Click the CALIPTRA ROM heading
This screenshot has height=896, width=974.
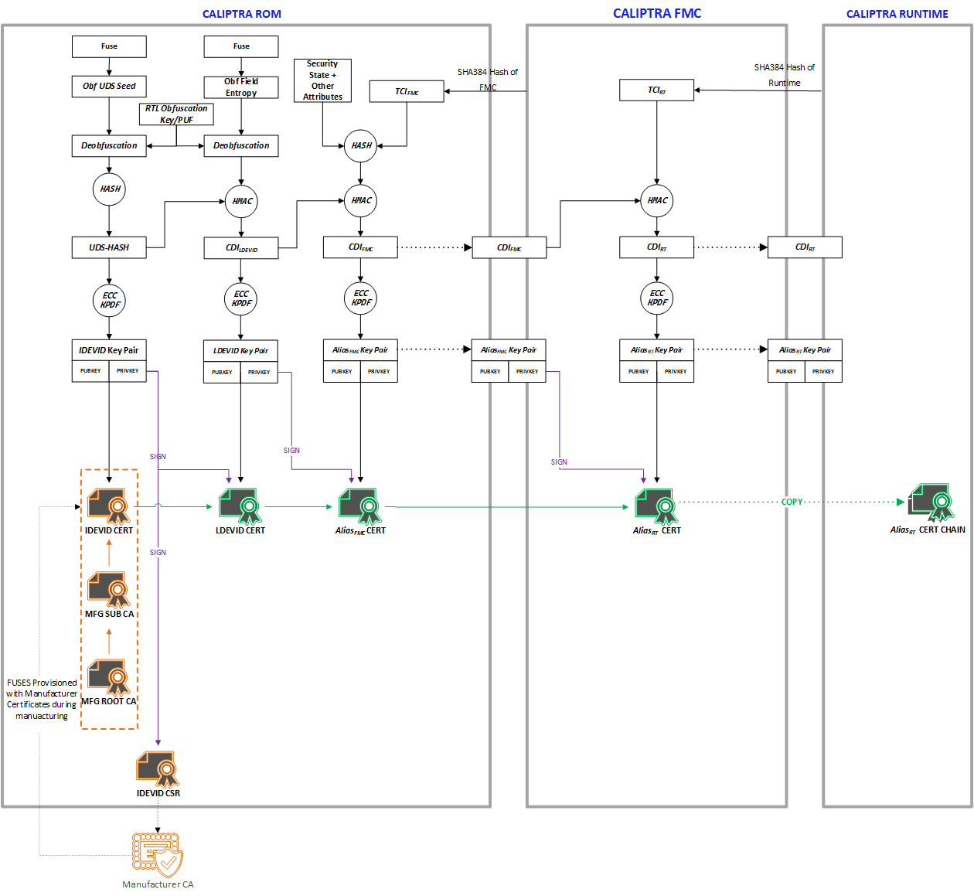click(241, 14)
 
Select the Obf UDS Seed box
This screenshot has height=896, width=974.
click(109, 86)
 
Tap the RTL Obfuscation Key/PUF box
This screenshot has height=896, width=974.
click(176, 114)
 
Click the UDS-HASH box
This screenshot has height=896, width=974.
click(109, 247)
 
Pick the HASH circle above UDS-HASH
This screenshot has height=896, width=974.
click(109, 189)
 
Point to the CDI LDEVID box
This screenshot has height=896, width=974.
click(241, 248)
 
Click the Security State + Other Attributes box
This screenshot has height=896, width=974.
click(322, 80)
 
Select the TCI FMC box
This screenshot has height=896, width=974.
click(407, 91)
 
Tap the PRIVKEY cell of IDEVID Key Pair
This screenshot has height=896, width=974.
click(128, 371)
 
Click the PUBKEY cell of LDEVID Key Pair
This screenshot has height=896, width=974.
click(222, 372)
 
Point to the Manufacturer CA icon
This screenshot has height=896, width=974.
click(158, 855)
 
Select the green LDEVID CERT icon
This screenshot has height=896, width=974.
click(240, 506)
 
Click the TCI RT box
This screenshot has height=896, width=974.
click(656, 90)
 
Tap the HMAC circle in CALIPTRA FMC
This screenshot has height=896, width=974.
click(657, 200)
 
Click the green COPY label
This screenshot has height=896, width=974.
click(792, 502)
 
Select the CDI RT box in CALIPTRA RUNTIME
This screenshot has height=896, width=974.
click(805, 247)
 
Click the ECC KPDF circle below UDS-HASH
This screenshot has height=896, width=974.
click(109, 300)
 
